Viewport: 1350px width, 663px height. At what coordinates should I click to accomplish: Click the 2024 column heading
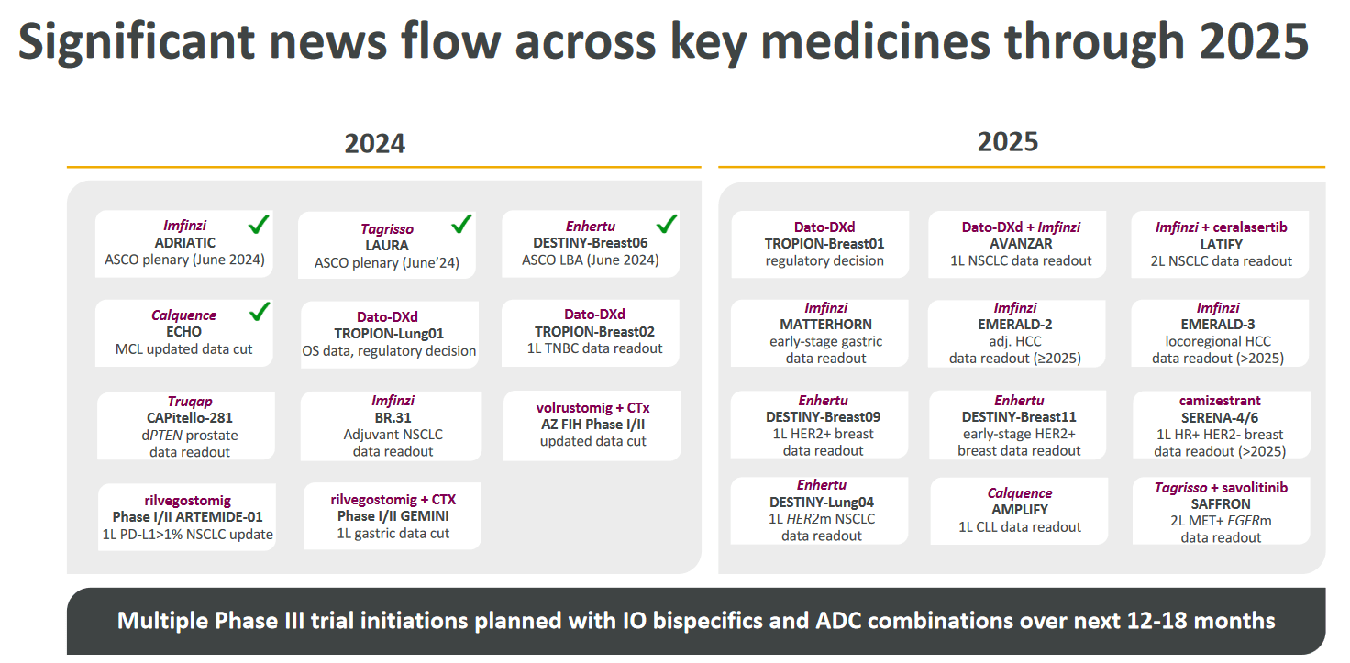coord(374,143)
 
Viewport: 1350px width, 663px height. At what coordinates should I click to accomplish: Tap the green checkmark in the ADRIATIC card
coord(260,224)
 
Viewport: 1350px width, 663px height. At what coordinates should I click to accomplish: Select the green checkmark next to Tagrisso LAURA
coord(461,223)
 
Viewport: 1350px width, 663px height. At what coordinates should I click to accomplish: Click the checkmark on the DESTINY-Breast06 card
coord(667,223)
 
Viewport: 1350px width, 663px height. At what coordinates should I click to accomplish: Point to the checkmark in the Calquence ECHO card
coord(260,313)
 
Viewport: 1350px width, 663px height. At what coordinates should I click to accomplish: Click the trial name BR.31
coord(393,417)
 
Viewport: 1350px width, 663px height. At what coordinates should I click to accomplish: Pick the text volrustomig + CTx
coord(592,408)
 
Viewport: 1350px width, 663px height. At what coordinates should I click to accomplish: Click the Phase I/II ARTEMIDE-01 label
coord(187,517)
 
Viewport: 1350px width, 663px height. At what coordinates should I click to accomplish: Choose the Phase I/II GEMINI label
coord(393,516)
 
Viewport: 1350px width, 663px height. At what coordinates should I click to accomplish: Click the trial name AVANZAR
coord(1020,244)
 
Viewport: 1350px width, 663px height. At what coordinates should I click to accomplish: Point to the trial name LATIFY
coord(1222,244)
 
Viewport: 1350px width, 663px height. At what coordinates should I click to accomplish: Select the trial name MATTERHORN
coord(825,325)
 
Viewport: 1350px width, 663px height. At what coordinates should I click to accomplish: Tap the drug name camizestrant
coord(1220,401)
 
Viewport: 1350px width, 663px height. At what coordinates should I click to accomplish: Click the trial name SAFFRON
coord(1221,504)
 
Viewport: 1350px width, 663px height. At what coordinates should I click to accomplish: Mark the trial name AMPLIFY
coord(1019,510)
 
